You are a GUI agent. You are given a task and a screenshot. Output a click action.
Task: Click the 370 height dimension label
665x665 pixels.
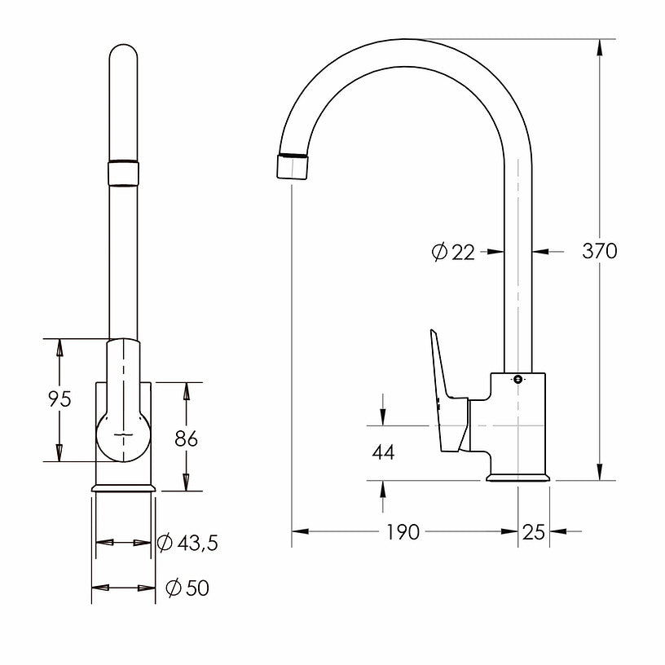point(599,251)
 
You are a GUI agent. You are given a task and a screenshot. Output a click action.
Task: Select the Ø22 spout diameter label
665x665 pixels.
point(453,253)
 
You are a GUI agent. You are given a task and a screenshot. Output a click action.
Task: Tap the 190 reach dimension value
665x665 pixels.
point(403,532)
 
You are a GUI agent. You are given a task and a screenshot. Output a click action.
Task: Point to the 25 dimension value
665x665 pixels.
point(533,532)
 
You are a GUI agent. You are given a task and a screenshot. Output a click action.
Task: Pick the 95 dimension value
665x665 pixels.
point(59,399)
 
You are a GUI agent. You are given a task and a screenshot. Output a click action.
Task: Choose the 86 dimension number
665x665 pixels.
point(187,438)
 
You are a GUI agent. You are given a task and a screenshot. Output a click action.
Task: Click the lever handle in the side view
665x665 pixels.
point(447,395)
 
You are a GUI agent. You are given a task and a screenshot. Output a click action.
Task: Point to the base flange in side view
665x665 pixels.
point(517,477)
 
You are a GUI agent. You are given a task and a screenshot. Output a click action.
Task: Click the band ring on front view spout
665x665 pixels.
point(123,174)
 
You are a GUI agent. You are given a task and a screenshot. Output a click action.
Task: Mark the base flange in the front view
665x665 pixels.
point(123,487)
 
